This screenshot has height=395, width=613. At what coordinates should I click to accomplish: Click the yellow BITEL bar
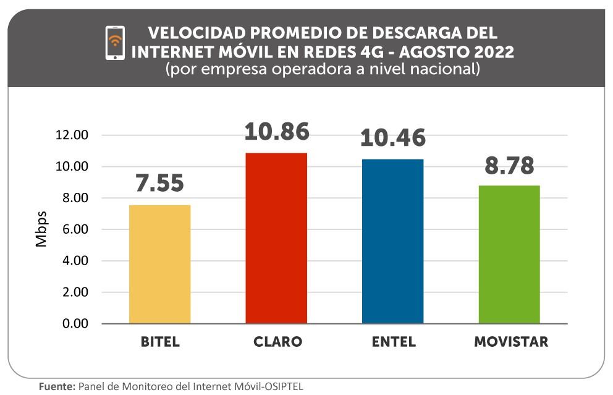[x=159, y=264]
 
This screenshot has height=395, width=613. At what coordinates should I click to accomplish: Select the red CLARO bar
[x=276, y=238]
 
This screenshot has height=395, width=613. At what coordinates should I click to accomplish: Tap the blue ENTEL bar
[x=393, y=241]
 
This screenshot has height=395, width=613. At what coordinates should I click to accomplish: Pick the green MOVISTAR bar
[x=509, y=254]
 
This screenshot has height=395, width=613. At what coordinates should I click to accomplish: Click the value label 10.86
[x=276, y=131]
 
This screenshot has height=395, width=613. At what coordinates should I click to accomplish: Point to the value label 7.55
[x=159, y=184]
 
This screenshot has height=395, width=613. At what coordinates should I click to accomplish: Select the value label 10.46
[x=393, y=137]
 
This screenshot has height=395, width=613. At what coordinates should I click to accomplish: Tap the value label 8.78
[x=509, y=165]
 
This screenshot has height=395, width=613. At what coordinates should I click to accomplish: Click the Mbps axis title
[x=41, y=230]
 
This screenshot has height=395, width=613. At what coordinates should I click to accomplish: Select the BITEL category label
[x=159, y=342]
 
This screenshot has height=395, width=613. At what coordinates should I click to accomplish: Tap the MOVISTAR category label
[x=510, y=342]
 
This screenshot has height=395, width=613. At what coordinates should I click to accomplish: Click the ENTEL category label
[x=393, y=342]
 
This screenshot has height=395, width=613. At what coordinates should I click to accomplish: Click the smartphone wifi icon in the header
[x=115, y=43]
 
